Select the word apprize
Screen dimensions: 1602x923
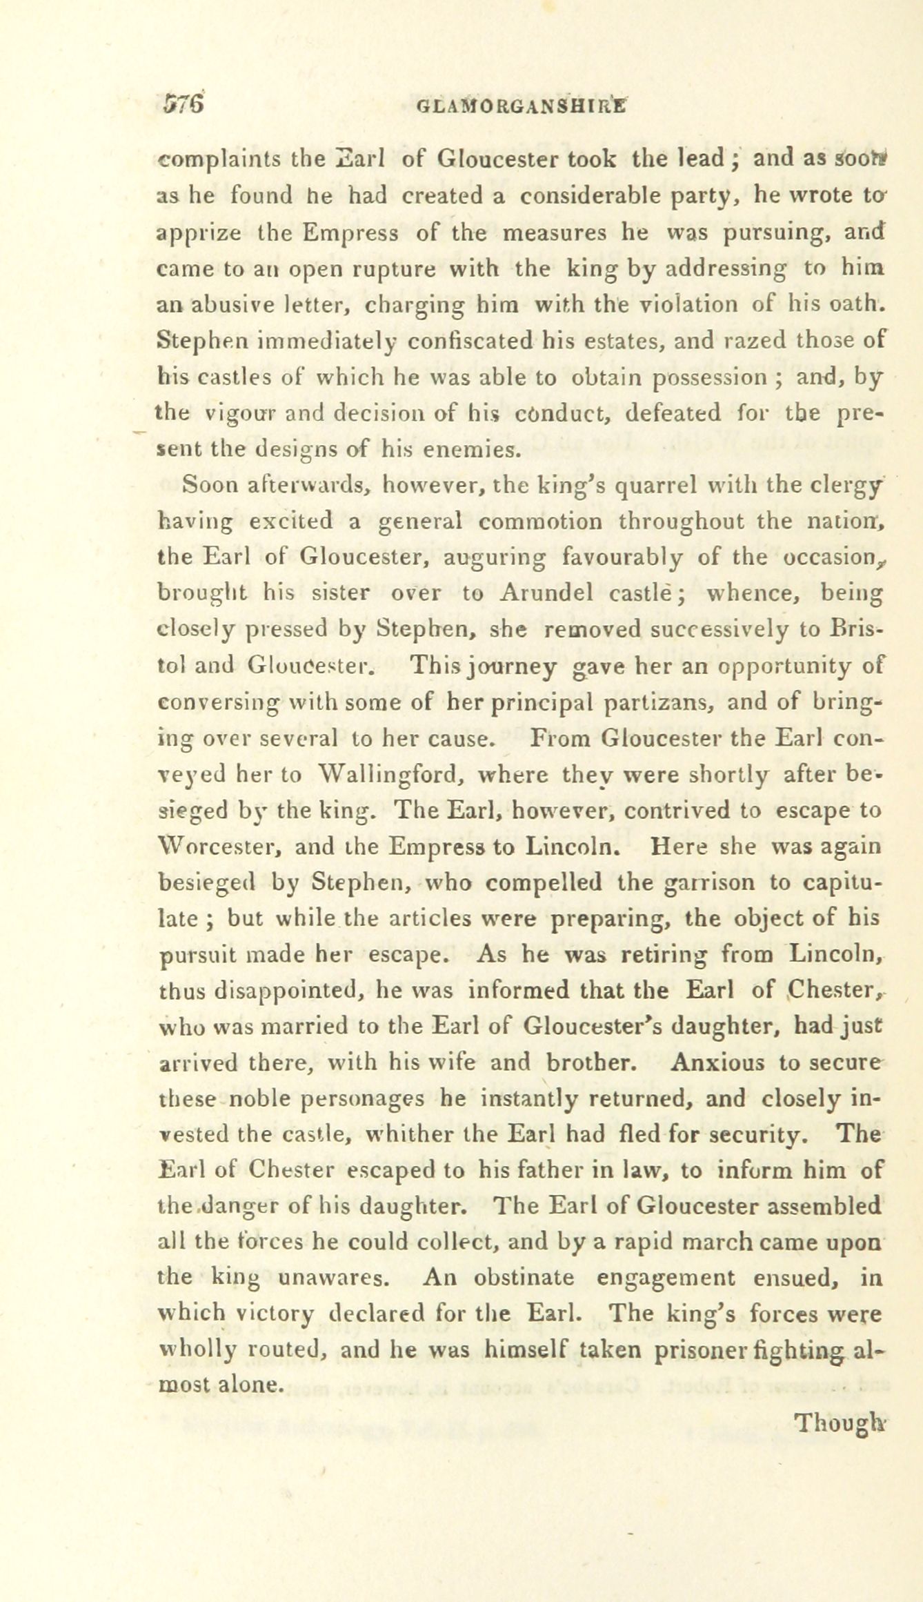point(199,233)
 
